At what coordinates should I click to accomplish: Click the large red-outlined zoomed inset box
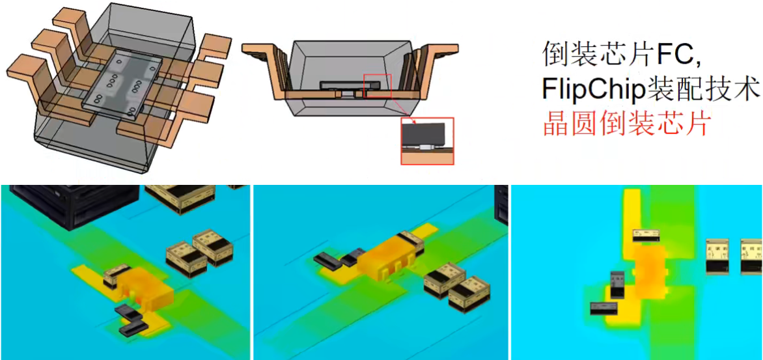tap(427, 141)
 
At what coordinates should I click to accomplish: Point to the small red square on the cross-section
tap(378, 86)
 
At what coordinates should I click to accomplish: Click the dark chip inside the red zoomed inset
tap(425, 134)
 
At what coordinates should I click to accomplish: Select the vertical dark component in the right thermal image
tap(618, 284)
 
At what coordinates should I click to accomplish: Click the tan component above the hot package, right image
tap(647, 236)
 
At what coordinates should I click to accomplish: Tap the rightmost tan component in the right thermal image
tap(751, 255)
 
